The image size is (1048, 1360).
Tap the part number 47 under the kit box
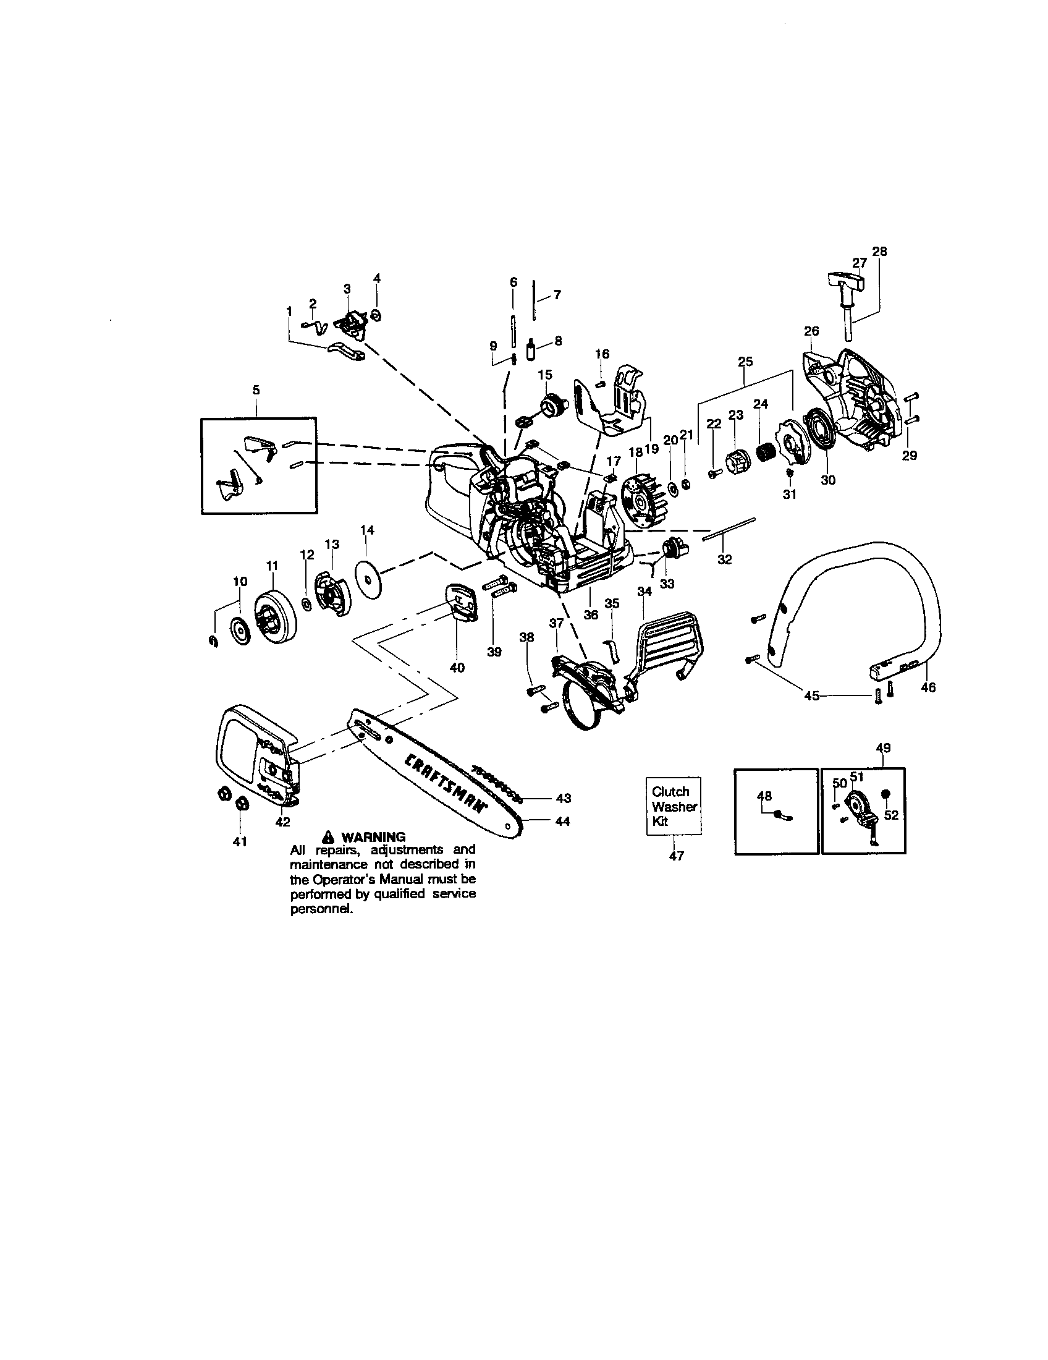[x=677, y=856]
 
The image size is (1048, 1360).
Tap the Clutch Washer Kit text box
[x=674, y=806]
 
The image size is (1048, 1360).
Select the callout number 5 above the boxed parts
[x=256, y=391]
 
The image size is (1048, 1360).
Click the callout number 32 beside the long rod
[x=724, y=559]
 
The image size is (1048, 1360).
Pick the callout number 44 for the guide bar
[x=562, y=822]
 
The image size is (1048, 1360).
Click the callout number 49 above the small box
[x=883, y=748]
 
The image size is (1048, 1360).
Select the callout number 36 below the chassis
[x=591, y=614]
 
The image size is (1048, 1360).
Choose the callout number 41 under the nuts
[x=240, y=841]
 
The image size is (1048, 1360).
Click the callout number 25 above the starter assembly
[x=745, y=362]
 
